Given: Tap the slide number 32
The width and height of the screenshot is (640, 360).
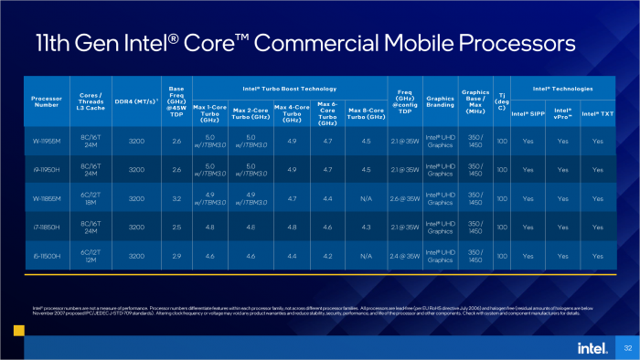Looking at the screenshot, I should (627, 347).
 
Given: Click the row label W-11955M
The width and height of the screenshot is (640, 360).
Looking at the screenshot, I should (47, 142).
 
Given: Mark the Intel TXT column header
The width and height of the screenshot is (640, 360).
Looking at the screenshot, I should (597, 114).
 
